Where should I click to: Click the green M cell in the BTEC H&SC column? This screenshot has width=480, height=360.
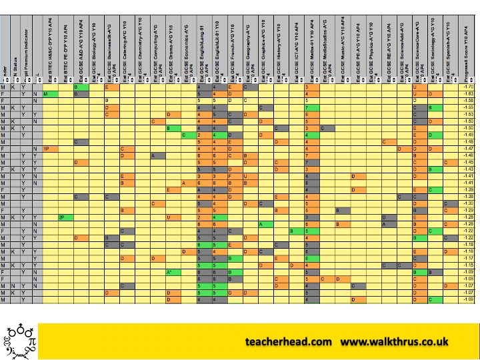(x=46, y=94)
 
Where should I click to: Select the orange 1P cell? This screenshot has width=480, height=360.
(x=46, y=148)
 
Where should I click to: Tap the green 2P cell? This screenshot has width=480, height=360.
(x=61, y=217)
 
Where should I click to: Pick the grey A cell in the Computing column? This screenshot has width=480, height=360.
(x=153, y=155)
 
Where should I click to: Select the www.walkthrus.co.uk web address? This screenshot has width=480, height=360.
(x=395, y=341)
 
